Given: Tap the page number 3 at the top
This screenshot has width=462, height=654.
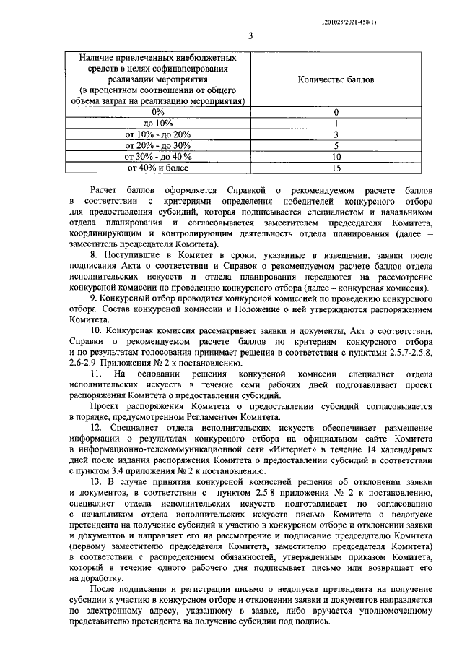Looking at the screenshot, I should pos(249,35).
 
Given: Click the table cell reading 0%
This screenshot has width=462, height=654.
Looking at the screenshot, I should pos(158,112).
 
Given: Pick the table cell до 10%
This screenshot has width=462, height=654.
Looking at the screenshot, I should pos(158,124).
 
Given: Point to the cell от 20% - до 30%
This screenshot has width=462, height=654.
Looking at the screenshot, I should pos(158,145).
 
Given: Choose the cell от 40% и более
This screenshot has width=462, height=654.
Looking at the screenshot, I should pos(158,168).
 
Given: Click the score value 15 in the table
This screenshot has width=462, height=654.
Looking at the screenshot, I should pos(336,168).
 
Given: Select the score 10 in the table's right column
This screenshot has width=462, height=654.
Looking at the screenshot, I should pos(336,157).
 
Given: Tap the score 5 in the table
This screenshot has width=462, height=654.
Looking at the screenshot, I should pos(336,145).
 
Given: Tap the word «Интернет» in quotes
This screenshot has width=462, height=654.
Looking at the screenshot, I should pos(316,452).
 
